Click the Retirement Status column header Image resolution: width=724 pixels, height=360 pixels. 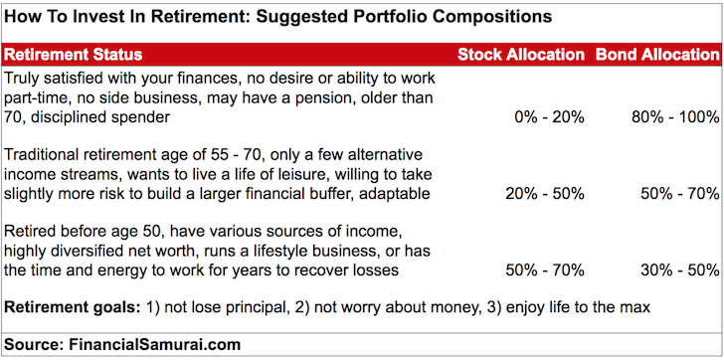[x=74, y=54]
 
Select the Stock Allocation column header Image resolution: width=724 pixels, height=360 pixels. [x=520, y=54]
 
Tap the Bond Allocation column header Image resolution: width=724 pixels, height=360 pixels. [x=656, y=54]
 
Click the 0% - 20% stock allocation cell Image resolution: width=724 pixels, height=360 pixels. [x=549, y=116]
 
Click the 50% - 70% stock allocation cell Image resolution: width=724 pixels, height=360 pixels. [x=545, y=270]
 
